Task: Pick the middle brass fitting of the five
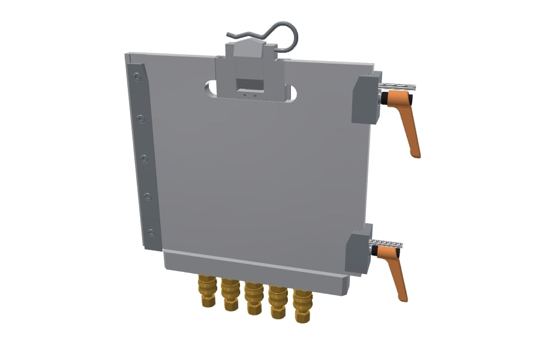point(253,297)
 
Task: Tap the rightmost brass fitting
point(302,306)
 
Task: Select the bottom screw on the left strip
point(151,232)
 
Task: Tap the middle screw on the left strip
point(144,158)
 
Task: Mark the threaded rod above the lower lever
point(387,243)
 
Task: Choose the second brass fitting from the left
point(230,293)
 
